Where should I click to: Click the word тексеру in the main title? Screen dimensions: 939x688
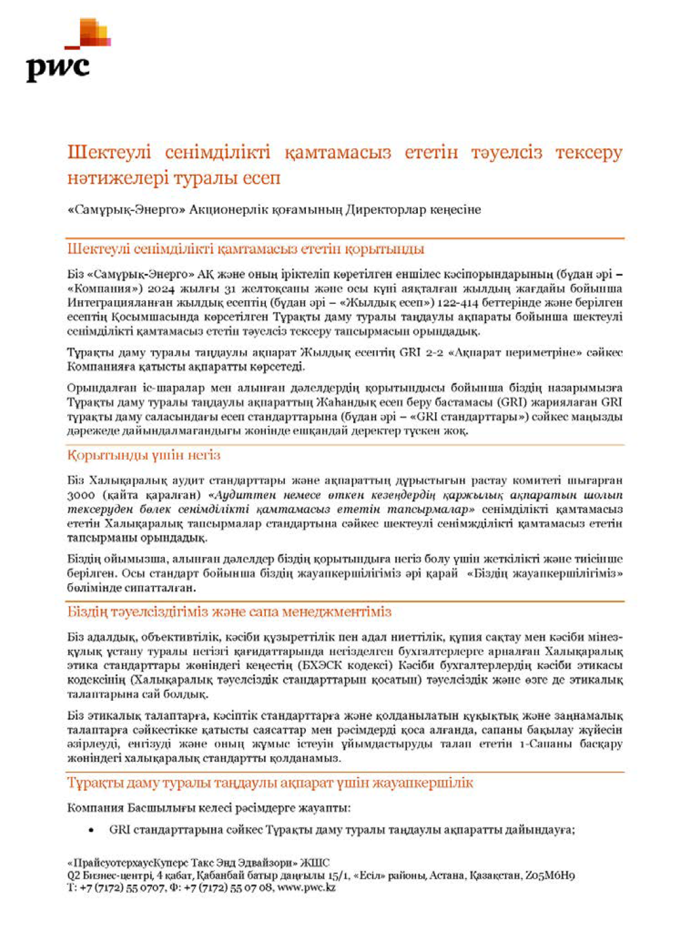pyautogui.click(x=588, y=152)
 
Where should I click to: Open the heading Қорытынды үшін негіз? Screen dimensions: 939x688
pyautogui.click(x=143, y=455)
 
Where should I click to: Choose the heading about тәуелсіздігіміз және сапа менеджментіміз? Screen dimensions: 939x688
pyautogui.click(x=229, y=612)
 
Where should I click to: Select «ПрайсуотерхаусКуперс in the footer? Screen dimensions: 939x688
pyautogui.click(x=129, y=863)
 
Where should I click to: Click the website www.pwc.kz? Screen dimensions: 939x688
pyautogui.click(x=306, y=887)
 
